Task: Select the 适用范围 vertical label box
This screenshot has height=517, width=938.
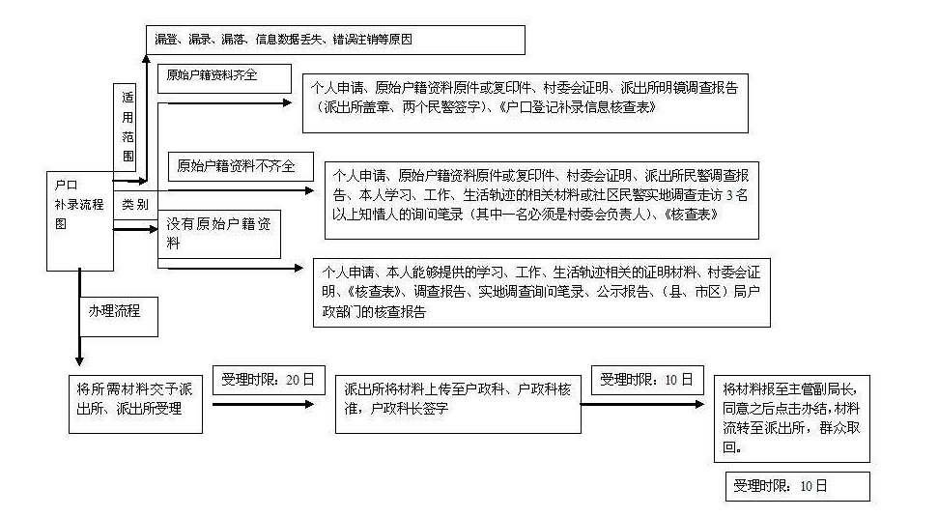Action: click(128, 127)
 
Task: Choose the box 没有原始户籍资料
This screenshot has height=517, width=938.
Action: click(221, 234)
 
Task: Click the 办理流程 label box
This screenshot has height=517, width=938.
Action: click(117, 313)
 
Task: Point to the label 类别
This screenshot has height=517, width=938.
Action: click(135, 205)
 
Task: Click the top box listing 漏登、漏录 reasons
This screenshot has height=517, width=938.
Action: click(335, 41)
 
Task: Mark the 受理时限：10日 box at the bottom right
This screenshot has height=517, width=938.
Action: click(798, 486)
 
